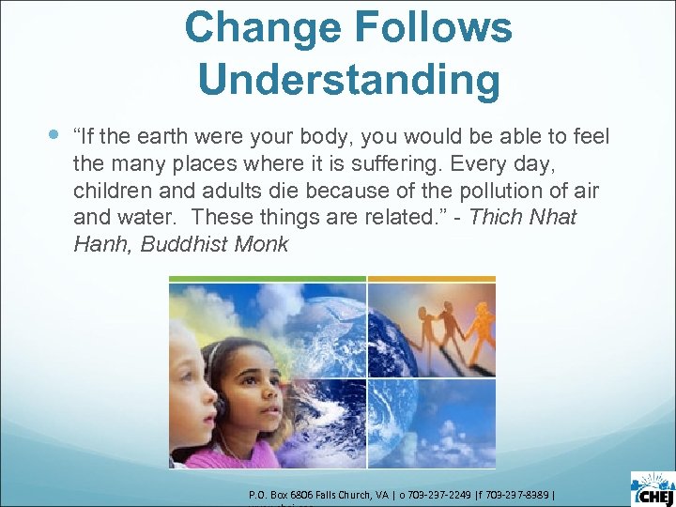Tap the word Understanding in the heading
(x=349, y=81)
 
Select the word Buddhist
(x=184, y=245)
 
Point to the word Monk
(x=265, y=245)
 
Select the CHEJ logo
(x=652, y=486)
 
